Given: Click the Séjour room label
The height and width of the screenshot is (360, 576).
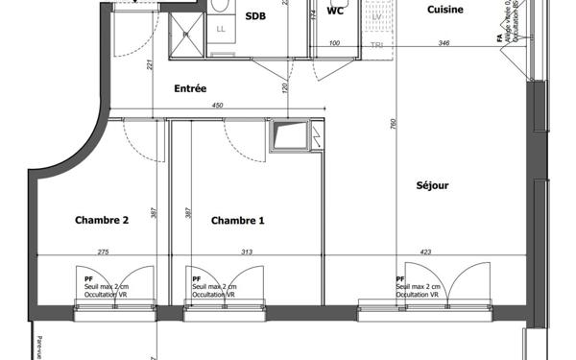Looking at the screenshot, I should (x=433, y=185).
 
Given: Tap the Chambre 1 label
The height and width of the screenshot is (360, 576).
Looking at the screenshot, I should (x=237, y=220).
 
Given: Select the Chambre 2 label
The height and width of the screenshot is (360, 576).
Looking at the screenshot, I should (x=102, y=220).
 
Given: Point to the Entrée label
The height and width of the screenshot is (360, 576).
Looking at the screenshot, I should (x=190, y=89).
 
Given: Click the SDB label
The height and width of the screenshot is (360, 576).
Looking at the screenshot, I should (x=256, y=15).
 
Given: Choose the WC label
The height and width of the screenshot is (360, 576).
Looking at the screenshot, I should (x=335, y=12).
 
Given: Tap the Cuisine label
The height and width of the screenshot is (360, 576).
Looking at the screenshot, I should (x=446, y=10).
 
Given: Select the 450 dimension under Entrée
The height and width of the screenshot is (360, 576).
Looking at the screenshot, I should (x=217, y=106).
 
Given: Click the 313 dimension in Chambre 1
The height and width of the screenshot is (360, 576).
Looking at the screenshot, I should (x=247, y=252).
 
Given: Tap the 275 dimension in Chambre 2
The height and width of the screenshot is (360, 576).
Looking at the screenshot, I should (x=104, y=252).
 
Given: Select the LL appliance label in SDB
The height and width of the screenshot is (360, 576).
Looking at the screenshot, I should (x=221, y=29).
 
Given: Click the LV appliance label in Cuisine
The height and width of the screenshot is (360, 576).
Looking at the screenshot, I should (x=376, y=16).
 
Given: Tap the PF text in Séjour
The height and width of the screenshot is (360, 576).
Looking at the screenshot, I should (x=400, y=277).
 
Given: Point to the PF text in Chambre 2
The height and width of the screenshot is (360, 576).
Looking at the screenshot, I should (x=88, y=277).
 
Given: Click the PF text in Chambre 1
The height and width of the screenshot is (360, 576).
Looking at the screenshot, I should (x=196, y=277).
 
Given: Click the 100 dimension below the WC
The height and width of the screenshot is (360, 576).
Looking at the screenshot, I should (x=335, y=43).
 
